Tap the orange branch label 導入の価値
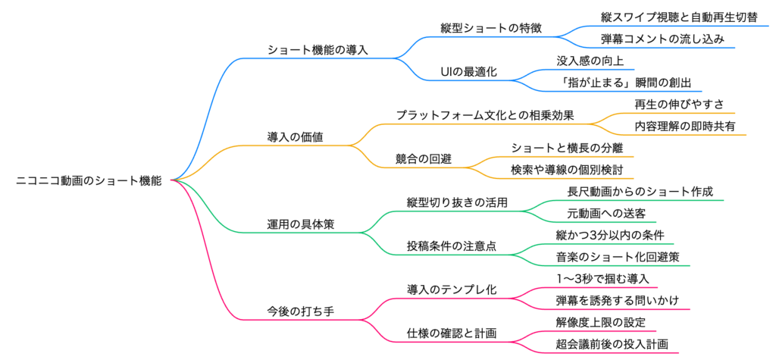pyautogui.click(x=296, y=137)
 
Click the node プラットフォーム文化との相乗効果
pyautogui.click(x=485, y=115)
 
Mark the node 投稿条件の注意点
pyautogui.click(x=457, y=246)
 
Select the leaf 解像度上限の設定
pyautogui.click(x=601, y=322)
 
